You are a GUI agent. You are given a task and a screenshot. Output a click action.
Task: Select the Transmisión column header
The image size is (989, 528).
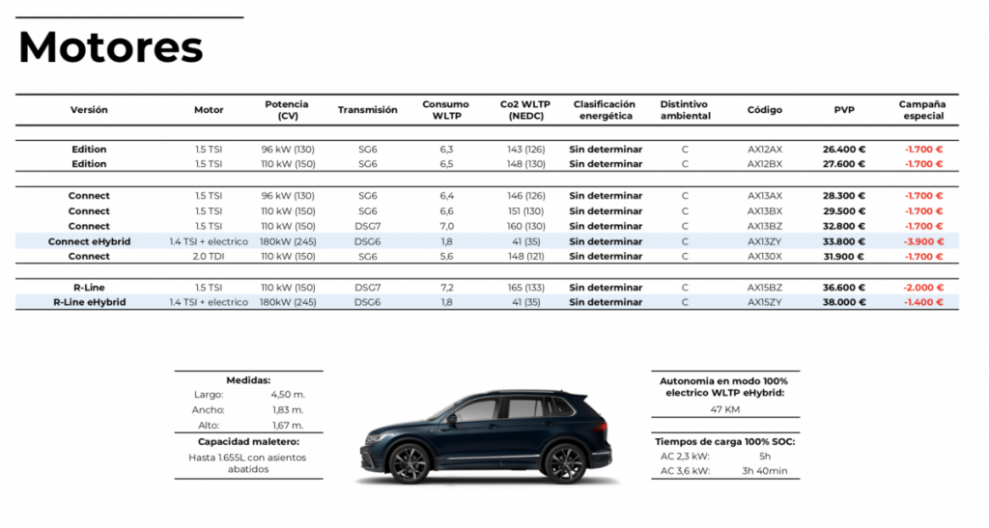(x=367, y=110)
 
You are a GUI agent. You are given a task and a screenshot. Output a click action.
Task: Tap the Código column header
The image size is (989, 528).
(x=764, y=110)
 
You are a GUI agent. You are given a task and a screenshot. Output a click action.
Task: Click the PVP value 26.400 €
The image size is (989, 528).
(x=844, y=150)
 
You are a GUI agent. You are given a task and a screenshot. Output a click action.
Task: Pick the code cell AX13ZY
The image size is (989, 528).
(x=764, y=241)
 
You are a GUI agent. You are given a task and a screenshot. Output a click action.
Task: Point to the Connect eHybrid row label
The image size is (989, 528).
(x=89, y=241)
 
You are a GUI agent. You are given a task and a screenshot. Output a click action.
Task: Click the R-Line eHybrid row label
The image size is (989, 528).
(x=89, y=302)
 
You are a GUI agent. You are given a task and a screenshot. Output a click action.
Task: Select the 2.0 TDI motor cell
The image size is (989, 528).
(x=209, y=257)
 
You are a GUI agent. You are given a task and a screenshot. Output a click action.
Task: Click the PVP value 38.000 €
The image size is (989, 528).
(x=844, y=302)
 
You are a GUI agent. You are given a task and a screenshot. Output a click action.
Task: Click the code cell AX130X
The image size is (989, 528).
(x=764, y=257)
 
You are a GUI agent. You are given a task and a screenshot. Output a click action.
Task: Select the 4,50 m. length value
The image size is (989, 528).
(x=287, y=395)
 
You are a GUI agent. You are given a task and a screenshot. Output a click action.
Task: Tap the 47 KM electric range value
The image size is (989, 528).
(x=725, y=410)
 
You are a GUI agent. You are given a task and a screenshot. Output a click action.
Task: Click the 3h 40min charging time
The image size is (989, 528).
(x=764, y=471)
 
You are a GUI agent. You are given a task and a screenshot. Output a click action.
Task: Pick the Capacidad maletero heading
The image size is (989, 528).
(x=248, y=441)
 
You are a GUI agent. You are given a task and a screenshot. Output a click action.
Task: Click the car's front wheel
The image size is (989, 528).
(x=410, y=463)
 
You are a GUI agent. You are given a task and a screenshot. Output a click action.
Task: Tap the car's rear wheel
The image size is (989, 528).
(x=566, y=462)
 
